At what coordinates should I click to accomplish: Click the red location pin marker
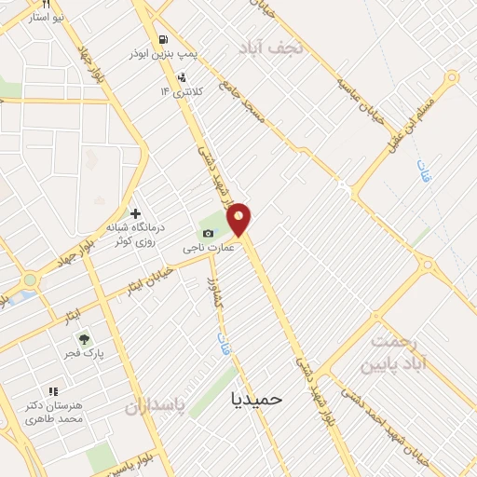239,219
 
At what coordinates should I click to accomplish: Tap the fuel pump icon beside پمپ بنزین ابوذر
164,40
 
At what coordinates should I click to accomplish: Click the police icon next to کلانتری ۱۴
181,77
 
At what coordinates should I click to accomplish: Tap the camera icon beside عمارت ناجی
208,233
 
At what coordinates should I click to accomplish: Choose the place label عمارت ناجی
203,249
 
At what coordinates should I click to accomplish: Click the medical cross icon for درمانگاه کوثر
135,214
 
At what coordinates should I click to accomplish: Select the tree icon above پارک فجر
84,339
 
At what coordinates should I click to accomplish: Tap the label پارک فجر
84,355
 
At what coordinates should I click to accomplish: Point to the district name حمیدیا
256,399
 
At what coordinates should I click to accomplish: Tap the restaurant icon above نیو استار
47,5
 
